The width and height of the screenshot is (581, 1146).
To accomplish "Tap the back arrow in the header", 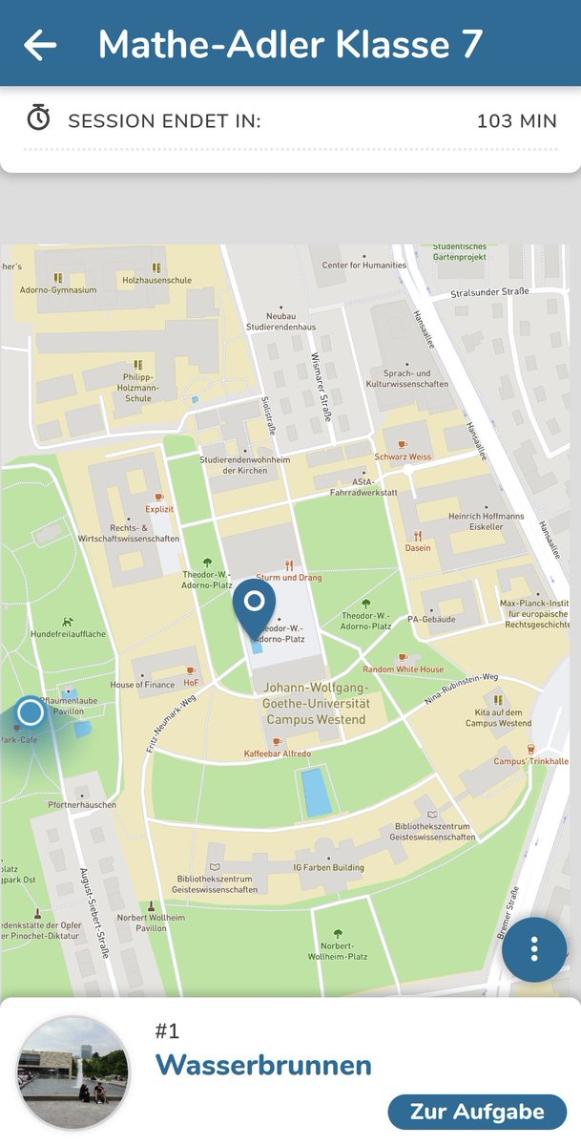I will coord(40,45).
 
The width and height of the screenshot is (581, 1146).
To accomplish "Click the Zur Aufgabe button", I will coord(477,1112).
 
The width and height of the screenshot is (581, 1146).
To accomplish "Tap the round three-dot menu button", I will coord(534,949).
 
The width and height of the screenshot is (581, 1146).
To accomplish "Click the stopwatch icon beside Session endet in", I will coord(38,118).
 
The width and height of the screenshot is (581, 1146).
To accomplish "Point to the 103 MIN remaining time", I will coord(516,121).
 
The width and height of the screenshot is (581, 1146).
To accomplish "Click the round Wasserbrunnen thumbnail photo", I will coord(73,1072).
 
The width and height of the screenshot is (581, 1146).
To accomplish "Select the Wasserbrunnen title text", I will coord(263,1065).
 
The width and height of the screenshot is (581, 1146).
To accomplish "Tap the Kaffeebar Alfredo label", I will coord(277,754).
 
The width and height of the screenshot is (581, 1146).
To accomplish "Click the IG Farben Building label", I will coord(328,868).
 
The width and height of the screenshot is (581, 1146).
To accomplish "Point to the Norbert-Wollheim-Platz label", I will coord(338,950).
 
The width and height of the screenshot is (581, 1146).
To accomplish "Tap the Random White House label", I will coord(403,669).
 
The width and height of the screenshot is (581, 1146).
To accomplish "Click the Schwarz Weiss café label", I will coord(403,456).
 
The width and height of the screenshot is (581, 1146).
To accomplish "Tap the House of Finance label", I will coord(142,685).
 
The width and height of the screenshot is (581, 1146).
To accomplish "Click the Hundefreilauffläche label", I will coord(68,633).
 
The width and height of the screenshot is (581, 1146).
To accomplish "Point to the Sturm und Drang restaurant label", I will coord(289,577).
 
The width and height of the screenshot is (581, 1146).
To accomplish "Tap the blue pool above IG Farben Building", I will coord(317,792).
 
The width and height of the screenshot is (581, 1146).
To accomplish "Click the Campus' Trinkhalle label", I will coord(530,761).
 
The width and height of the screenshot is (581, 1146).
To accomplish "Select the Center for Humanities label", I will coord(363,265).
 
